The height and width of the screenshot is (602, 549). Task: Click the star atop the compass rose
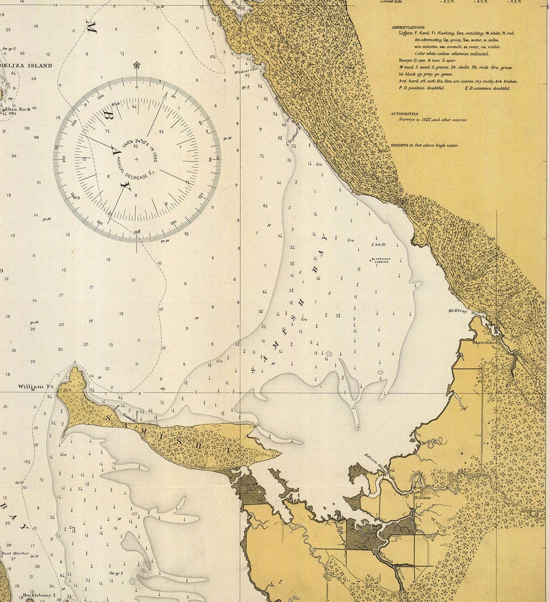(136, 64)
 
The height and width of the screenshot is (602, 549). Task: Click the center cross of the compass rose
(136, 159)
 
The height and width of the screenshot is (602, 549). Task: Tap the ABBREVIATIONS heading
(408, 27)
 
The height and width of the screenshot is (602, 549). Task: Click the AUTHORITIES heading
(404, 114)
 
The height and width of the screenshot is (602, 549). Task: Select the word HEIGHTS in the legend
(399, 145)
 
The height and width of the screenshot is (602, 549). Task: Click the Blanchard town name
(484, 343)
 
